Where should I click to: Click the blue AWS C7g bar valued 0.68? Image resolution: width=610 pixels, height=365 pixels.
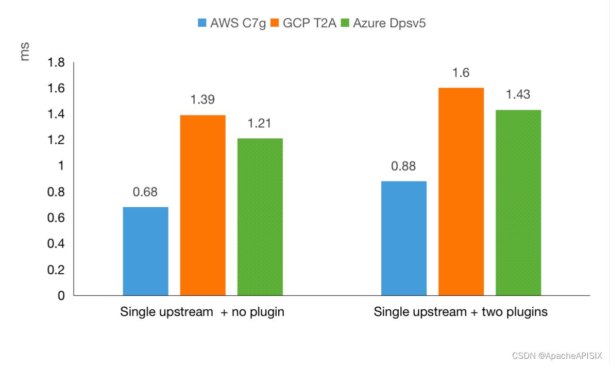coord(146,251)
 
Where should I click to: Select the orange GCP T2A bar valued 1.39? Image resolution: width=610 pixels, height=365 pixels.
coord(203,205)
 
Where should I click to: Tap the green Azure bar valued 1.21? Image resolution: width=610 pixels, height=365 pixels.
coord(260,217)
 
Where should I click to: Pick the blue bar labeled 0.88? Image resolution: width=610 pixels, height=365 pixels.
coord(404,238)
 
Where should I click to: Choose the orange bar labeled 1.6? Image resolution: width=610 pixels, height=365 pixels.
coord(461,191)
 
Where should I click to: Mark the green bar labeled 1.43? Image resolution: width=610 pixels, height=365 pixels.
coord(518,203)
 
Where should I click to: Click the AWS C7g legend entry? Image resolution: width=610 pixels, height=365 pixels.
coord(232,23)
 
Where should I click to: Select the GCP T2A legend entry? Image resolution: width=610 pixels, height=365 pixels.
coord(304,23)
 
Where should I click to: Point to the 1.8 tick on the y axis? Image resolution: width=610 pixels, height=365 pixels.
coord(56,63)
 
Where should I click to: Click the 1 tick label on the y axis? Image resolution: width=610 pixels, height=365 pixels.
coord(61,166)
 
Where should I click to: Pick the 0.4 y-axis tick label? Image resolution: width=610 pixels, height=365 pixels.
coord(56,244)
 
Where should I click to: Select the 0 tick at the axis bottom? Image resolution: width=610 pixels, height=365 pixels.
coord(61,296)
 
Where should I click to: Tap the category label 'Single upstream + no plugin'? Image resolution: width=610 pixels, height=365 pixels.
coord(202,312)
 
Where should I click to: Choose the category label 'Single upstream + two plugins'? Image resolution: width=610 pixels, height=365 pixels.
coord(461,312)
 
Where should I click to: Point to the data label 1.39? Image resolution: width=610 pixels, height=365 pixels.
coord(203,100)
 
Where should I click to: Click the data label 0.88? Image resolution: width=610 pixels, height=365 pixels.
coord(404,166)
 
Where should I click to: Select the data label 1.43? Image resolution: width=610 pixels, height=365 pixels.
coord(518,95)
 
